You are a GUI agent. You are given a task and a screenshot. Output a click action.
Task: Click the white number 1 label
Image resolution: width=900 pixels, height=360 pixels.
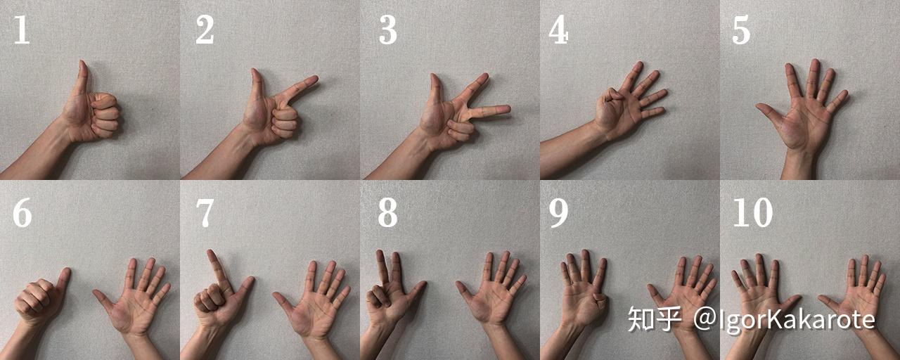[22, 30]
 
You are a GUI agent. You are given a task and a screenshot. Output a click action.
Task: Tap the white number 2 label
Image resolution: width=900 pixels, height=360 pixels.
[205, 30]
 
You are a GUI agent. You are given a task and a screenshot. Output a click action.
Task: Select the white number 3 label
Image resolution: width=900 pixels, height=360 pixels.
[387, 30]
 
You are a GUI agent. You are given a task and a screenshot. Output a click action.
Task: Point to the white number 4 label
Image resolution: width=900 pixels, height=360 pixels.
[559, 30]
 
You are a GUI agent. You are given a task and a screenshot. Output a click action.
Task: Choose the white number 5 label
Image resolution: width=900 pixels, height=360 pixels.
[741, 30]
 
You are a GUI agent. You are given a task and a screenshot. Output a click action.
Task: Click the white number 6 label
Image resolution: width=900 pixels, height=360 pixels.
[22, 212]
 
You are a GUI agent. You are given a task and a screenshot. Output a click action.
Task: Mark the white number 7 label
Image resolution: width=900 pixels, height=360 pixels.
[205, 213]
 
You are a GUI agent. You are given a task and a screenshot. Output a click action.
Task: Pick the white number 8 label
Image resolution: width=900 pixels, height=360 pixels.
[387, 212]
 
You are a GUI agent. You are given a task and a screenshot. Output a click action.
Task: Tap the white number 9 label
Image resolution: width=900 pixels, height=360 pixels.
[559, 212]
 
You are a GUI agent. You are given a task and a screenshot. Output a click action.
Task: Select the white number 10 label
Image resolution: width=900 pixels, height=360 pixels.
[753, 212]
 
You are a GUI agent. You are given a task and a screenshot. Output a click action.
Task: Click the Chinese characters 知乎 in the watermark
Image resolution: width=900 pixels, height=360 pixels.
[655, 319]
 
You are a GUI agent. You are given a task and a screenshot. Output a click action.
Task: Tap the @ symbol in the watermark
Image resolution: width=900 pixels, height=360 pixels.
[706, 319]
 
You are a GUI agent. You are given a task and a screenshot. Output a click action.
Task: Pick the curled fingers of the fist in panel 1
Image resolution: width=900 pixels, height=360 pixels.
[105, 114]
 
